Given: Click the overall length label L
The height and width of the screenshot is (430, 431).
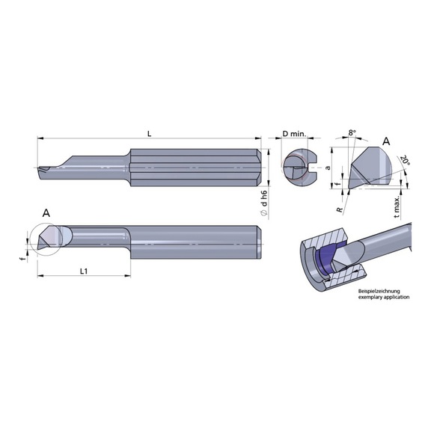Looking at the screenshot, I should point(150,133).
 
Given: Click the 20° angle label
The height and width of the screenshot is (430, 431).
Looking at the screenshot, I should point(405,162).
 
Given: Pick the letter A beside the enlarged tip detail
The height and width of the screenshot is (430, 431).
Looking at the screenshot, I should point(386,141).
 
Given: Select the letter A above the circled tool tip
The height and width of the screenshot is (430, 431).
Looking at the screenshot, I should point(46,213).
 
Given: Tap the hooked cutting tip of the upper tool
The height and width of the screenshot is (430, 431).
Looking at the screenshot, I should point(43,171).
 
